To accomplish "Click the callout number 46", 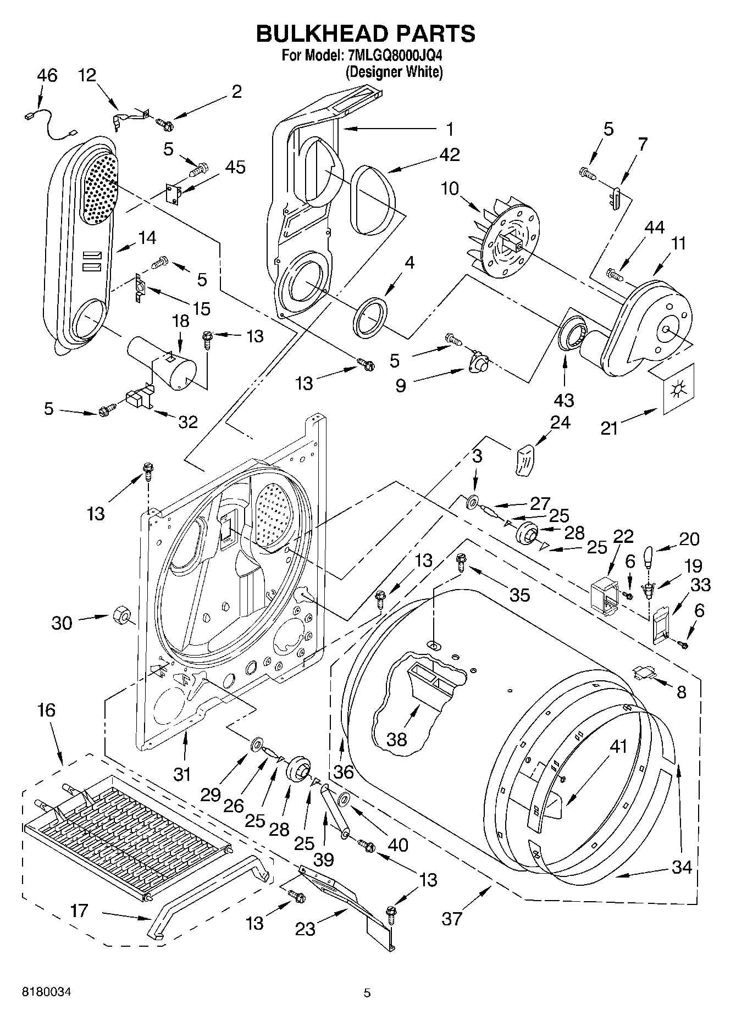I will point(47,75).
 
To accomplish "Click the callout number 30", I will point(62,623).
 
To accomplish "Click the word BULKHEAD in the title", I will point(321,34).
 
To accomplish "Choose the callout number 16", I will point(47,710).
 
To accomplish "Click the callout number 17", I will point(79,910).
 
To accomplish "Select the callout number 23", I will point(306,928).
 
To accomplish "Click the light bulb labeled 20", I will point(649,557).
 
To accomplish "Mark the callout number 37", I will point(452,918).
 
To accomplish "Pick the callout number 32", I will point(188,421).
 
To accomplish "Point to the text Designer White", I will point(394,71).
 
